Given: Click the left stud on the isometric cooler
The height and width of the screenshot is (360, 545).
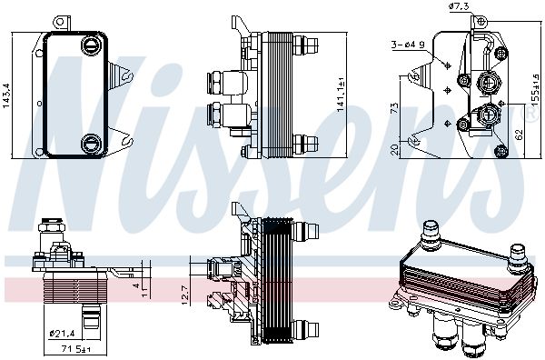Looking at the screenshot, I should click(x=430, y=235).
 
